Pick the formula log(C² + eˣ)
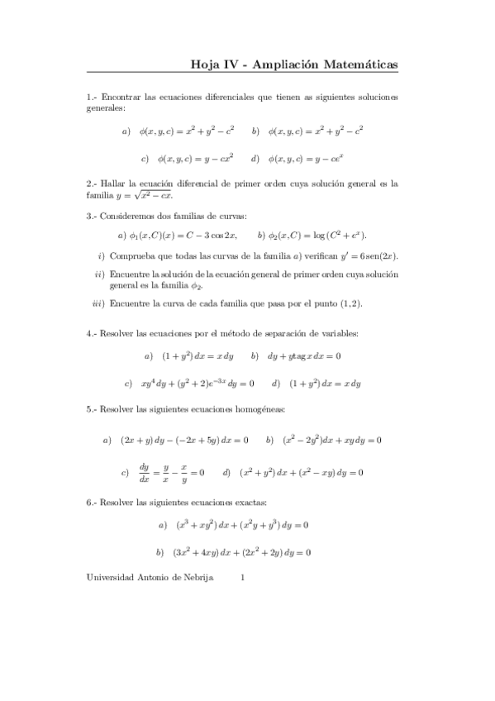(x=317, y=235)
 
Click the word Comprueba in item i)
(x=134, y=256)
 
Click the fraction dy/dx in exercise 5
(x=145, y=473)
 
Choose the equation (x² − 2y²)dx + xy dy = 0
(x=331, y=440)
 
